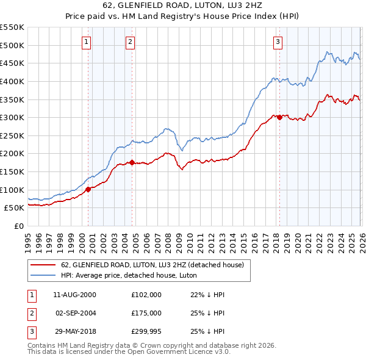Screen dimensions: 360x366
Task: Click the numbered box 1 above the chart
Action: click(86, 42)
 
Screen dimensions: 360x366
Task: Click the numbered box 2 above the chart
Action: click(131, 42)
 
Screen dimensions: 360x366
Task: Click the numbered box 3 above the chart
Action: click(278, 42)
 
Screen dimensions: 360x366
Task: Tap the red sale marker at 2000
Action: click(88, 189)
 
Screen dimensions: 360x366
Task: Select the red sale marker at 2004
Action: click(132, 162)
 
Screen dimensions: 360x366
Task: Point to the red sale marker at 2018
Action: click(279, 117)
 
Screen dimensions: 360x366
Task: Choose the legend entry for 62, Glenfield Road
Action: click(152, 265)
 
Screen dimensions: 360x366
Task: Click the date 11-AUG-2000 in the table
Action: click(74, 295)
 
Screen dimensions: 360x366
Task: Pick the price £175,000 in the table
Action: click(146, 313)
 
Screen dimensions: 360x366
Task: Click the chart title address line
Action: click(182, 6)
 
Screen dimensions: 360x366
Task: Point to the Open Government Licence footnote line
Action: click(129, 352)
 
